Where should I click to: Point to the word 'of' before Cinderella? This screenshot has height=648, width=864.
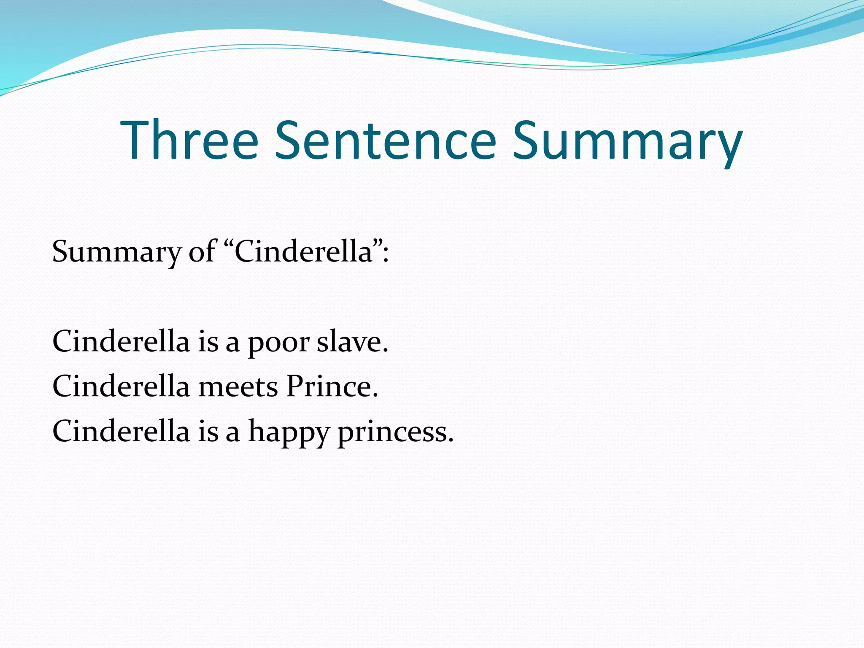[202, 251]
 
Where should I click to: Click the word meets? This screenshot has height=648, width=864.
[238, 387]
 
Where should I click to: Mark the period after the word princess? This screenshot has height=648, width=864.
[451, 440]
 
